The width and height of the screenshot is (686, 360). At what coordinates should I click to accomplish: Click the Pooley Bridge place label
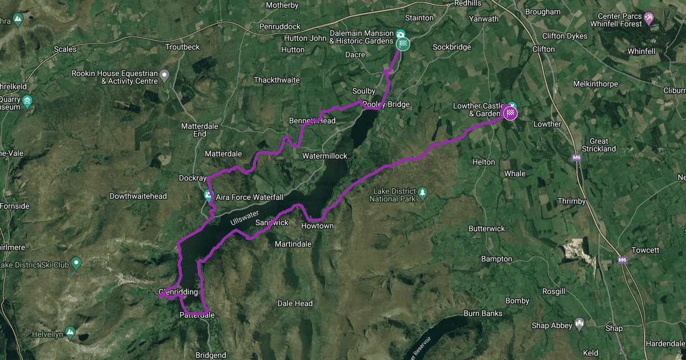coord(386,105)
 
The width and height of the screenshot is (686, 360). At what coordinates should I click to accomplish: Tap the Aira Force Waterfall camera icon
coord(208,195)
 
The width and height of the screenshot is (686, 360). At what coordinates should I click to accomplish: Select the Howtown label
coord(317,226)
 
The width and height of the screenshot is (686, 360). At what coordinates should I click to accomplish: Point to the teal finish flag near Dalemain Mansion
coord(404,43)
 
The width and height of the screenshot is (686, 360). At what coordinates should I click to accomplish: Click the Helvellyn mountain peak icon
coord(69,331)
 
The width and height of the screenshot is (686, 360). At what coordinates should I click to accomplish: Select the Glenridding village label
coord(178,292)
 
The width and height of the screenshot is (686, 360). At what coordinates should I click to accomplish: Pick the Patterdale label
coord(197,315)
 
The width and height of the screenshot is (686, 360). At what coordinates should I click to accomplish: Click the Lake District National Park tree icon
coord(422,193)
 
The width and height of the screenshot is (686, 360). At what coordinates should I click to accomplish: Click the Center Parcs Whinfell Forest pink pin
coord(649,19)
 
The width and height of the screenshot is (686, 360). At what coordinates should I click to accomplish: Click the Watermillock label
coord(325,156)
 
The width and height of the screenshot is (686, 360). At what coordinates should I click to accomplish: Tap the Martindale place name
coord(293,244)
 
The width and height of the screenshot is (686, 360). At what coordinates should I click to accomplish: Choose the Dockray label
coord(193,178)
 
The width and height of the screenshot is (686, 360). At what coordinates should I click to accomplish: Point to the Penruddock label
coord(281,26)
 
